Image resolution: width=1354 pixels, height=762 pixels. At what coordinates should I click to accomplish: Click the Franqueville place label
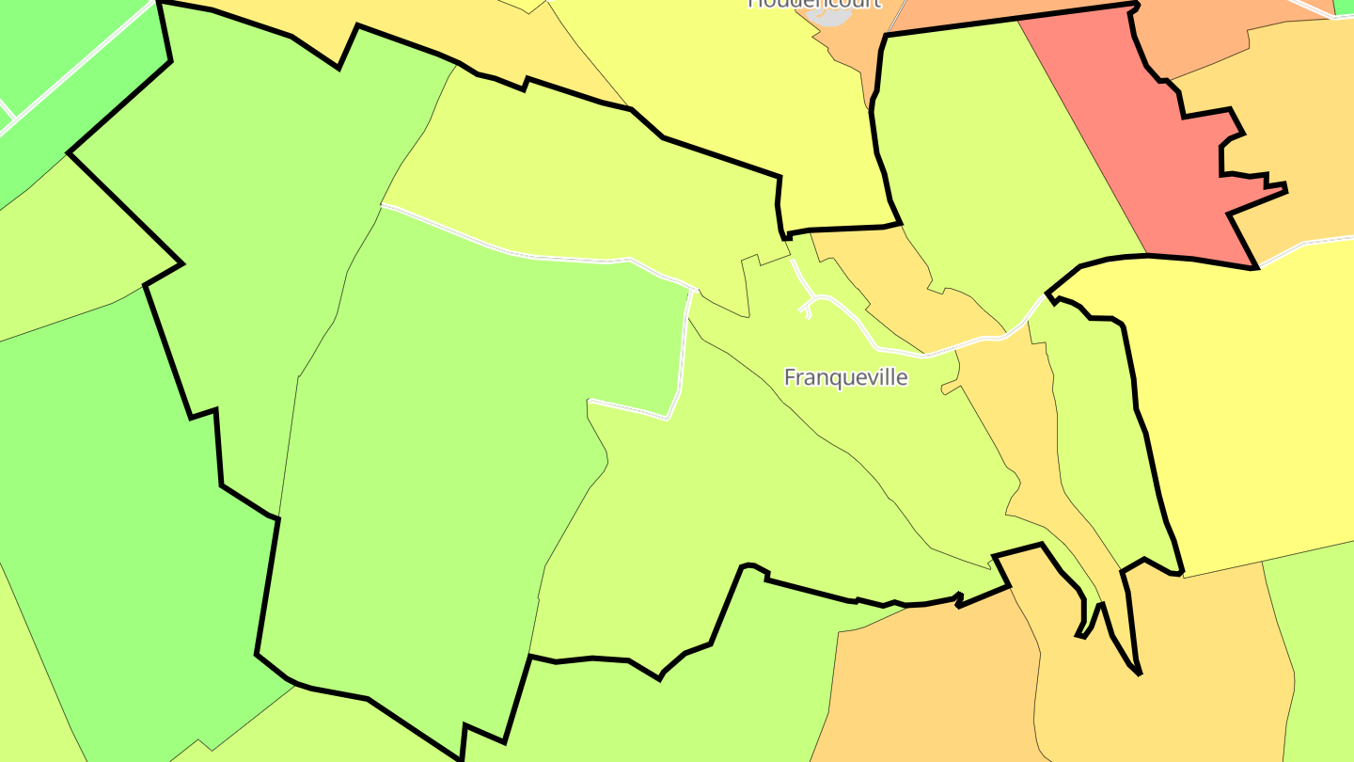[845, 377]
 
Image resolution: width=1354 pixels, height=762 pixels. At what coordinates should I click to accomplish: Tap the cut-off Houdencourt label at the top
[814, 4]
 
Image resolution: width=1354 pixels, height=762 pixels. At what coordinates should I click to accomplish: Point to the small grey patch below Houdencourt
[833, 15]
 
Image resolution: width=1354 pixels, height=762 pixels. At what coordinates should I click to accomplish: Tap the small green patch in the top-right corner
[1345, 7]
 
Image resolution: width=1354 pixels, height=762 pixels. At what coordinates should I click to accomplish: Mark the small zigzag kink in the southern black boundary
[959, 599]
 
